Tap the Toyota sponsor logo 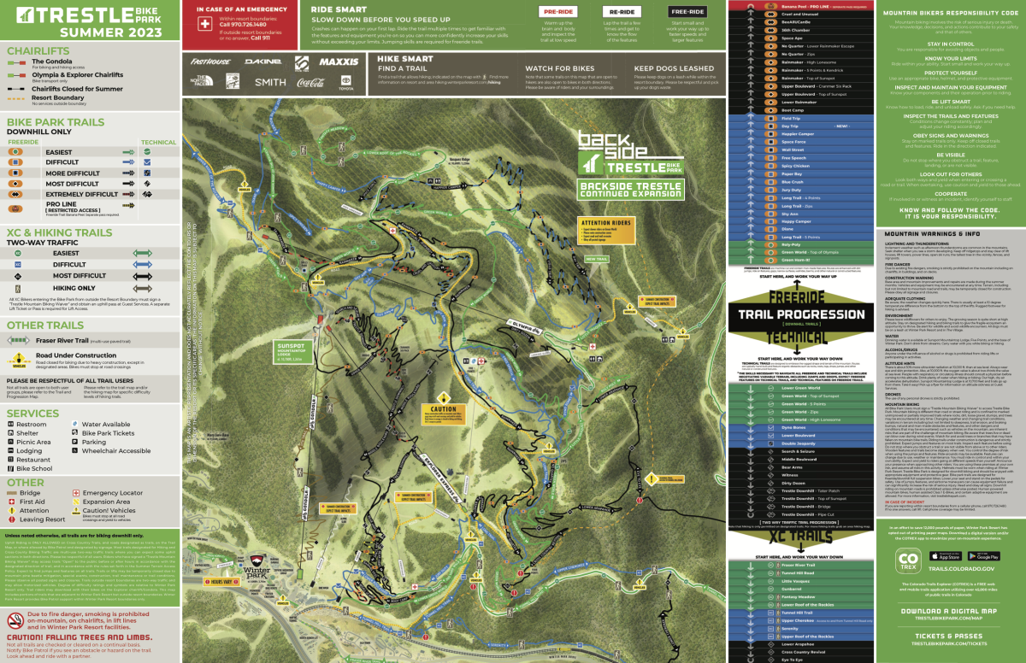click(x=345, y=82)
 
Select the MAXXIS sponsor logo click(x=339, y=62)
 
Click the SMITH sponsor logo click(x=270, y=82)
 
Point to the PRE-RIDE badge click(x=555, y=12)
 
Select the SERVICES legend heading click(x=32, y=413)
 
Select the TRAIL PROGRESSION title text click(x=801, y=314)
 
